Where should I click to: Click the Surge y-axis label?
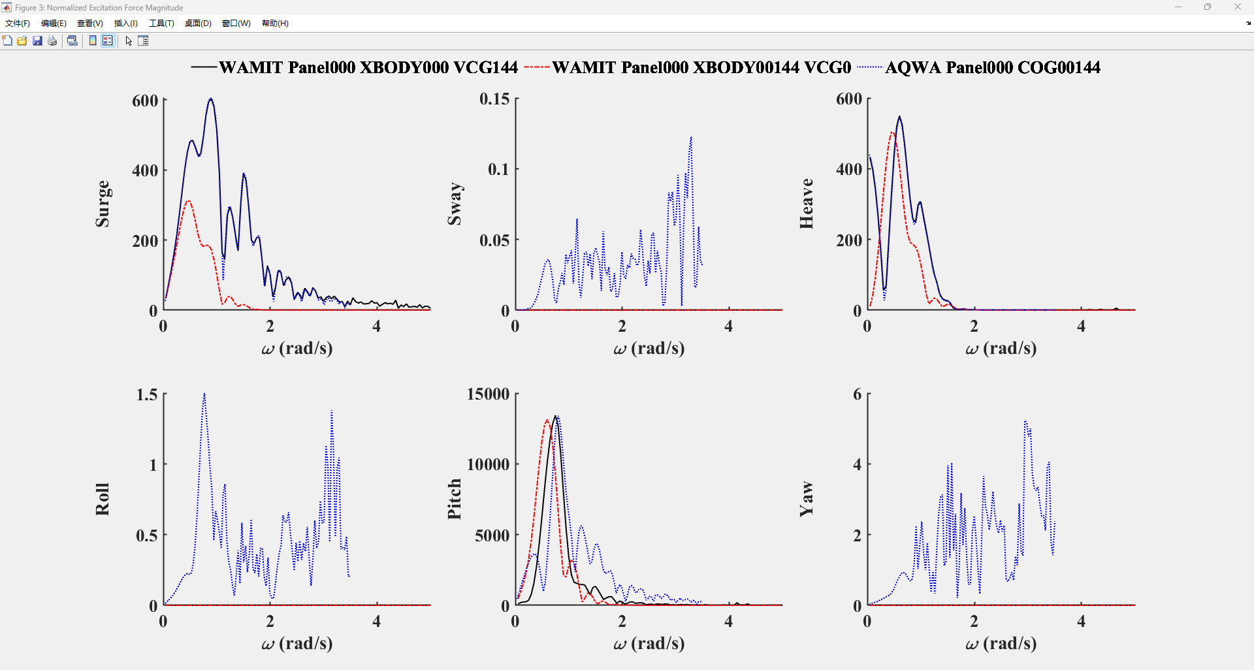click(x=103, y=204)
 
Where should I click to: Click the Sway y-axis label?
click(x=455, y=204)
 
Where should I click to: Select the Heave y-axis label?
click(x=807, y=204)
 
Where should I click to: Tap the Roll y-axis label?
click(x=103, y=500)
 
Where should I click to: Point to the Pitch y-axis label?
click(x=455, y=500)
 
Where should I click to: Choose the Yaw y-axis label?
click(x=807, y=500)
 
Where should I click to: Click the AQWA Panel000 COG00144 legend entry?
click(x=992, y=67)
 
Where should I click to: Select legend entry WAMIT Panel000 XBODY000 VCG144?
click(x=368, y=67)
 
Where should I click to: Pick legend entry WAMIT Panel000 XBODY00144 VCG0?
click(x=701, y=67)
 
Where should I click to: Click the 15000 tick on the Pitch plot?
click(x=488, y=394)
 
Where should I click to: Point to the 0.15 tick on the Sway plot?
click(x=494, y=99)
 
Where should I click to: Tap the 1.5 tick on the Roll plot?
click(x=147, y=394)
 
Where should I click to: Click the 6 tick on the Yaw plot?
click(x=857, y=394)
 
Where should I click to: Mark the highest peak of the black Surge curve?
click(x=210, y=99)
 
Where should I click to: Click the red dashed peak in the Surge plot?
click(x=188, y=201)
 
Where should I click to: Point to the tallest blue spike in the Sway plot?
click(x=691, y=138)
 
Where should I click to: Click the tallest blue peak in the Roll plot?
click(x=204, y=394)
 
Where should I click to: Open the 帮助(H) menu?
click(x=275, y=23)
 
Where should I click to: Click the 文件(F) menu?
click(x=18, y=23)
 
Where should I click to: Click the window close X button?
click(x=1237, y=7)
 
